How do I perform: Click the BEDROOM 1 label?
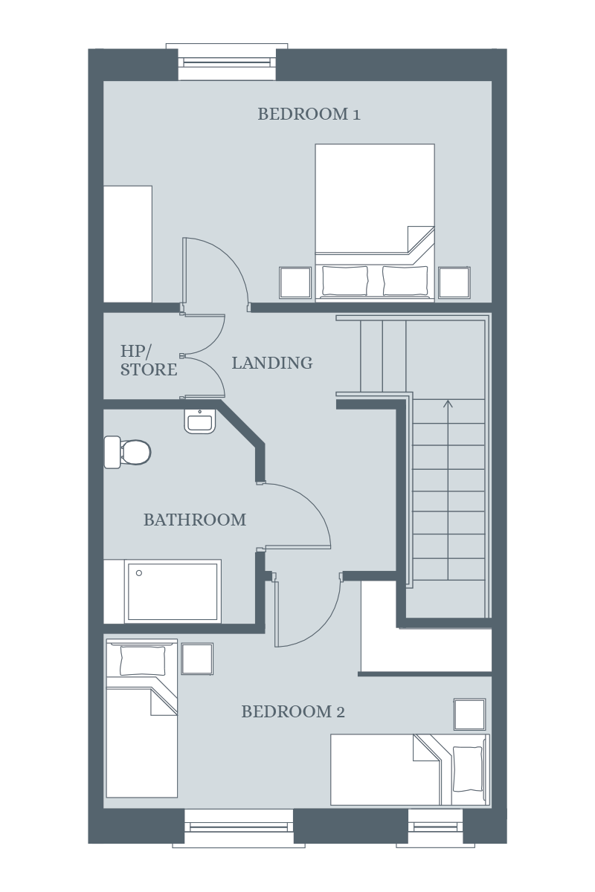click(309, 114)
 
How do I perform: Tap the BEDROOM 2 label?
click(293, 711)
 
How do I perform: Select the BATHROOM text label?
click(195, 520)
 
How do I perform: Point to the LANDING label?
click(272, 363)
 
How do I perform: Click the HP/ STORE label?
click(149, 361)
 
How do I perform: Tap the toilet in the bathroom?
click(127, 452)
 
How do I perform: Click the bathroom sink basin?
click(200, 421)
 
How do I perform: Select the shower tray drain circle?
click(139, 573)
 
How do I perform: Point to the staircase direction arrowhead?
click(448, 404)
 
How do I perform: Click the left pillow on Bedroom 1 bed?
click(345, 280)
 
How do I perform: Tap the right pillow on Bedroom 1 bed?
click(405, 280)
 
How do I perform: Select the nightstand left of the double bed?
click(295, 282)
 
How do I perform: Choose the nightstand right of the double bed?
click(454, 282)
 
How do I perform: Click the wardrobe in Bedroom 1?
click(128, 244)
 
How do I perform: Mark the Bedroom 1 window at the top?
click(227, 62)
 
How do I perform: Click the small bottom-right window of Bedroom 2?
click(435, 827)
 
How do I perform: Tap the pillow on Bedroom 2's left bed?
click(142, 661)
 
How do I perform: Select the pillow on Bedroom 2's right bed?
click(468, 769)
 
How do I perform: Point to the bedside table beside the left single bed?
click(197, 659)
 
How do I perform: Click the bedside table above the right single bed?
click(470, 714)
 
